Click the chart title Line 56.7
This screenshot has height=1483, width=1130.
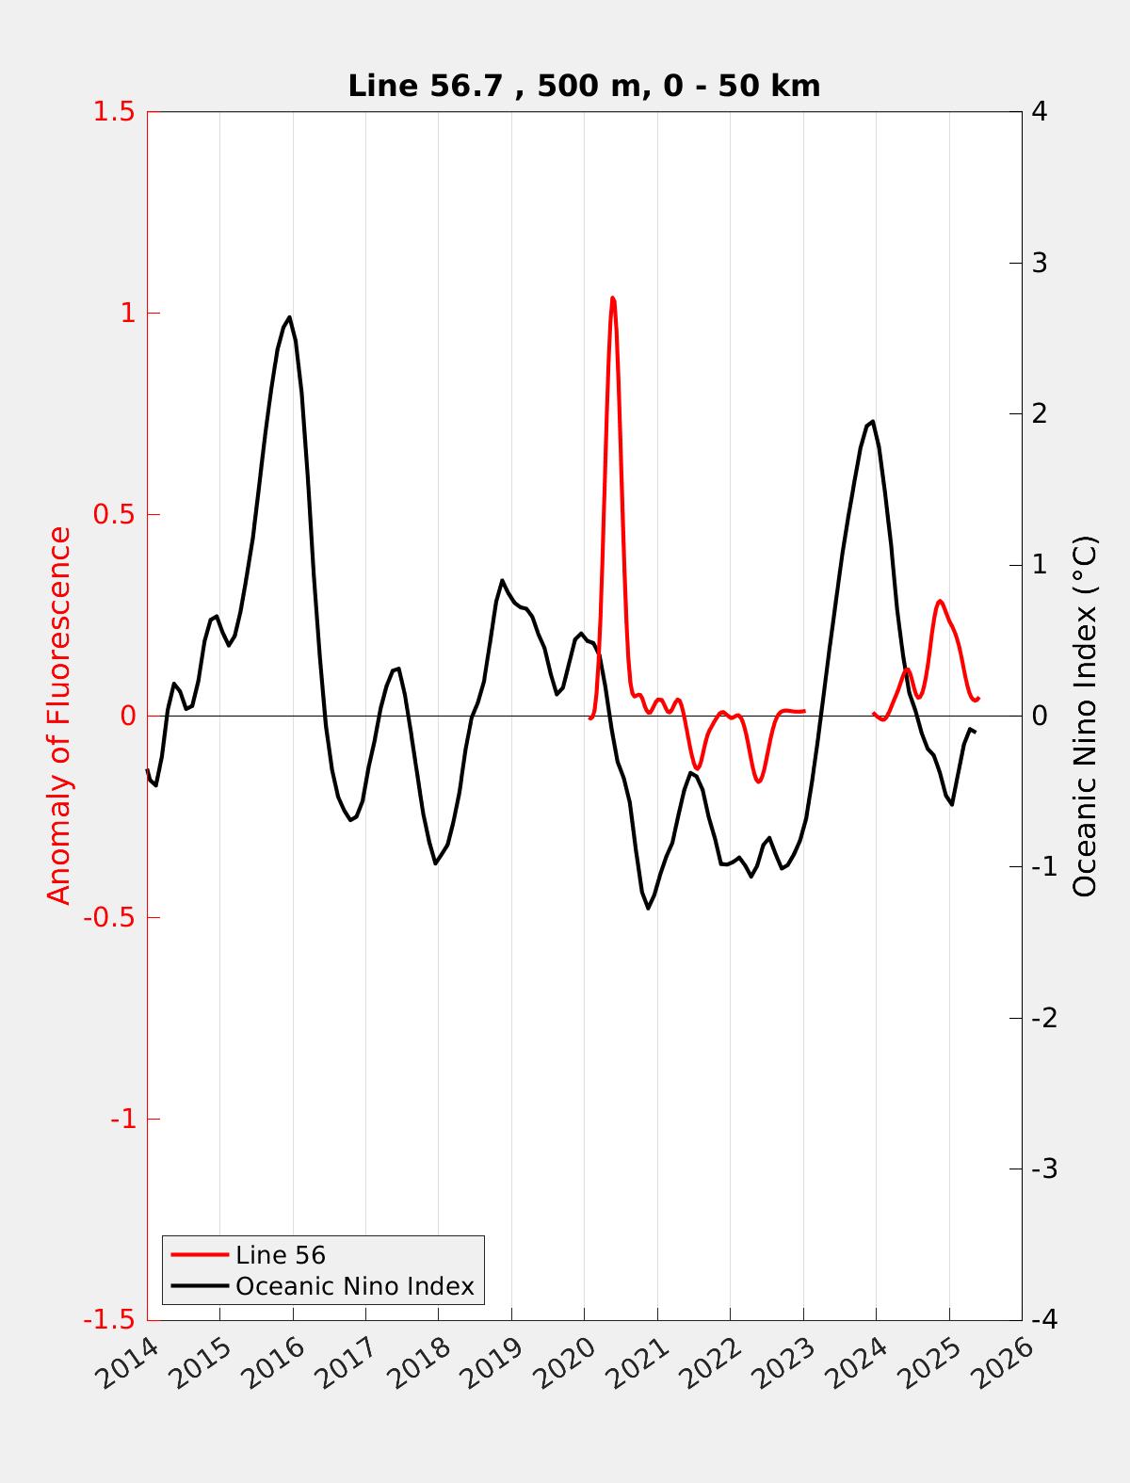point(584,86)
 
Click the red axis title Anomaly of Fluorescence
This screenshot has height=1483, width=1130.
point(59,716)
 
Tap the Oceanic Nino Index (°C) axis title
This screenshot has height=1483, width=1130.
point(1085,716)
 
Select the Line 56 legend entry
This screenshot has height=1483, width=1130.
point(280,1255)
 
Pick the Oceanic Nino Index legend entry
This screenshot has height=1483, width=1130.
point(354,1286)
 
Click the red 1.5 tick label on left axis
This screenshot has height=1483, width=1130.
point(114,111)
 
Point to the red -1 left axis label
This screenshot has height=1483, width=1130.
point(120,1119)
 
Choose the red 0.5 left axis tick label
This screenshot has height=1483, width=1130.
point(114,514)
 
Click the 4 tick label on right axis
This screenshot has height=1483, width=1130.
point(1040,111)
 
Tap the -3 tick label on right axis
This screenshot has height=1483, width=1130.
point(1035,1169)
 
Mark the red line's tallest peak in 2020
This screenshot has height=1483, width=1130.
point(613,298)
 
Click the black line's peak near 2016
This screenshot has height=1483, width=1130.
point(289,317)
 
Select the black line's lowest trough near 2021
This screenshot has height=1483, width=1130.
point(648,908)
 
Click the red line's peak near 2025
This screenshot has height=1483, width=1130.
point(939,601)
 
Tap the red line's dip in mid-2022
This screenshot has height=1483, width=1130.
point(759,782)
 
